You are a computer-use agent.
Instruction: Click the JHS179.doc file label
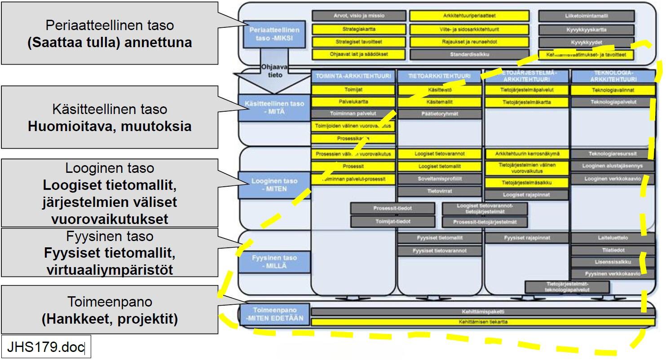point(46,347)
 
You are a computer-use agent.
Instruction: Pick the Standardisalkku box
point(469,55)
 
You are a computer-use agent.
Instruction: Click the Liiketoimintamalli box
point(587,16)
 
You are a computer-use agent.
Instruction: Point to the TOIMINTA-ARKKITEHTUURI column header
point(353,76)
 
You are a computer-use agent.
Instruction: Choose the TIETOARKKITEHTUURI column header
point(440,76)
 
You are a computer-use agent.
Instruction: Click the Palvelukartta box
point(353,102)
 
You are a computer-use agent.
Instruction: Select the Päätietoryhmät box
point(440,114)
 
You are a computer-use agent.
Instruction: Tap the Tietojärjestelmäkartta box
point(527,102)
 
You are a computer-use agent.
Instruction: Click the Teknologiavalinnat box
point(613,90)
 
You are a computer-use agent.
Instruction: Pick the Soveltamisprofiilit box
point(440,179)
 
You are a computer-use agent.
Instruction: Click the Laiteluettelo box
point(613,238)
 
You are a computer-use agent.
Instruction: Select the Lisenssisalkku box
point(613,262)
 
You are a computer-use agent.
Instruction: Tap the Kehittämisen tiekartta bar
point(483,322)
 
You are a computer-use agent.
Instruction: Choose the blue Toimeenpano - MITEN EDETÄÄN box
point(274,314)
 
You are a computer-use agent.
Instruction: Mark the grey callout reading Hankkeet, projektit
point(110,310)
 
